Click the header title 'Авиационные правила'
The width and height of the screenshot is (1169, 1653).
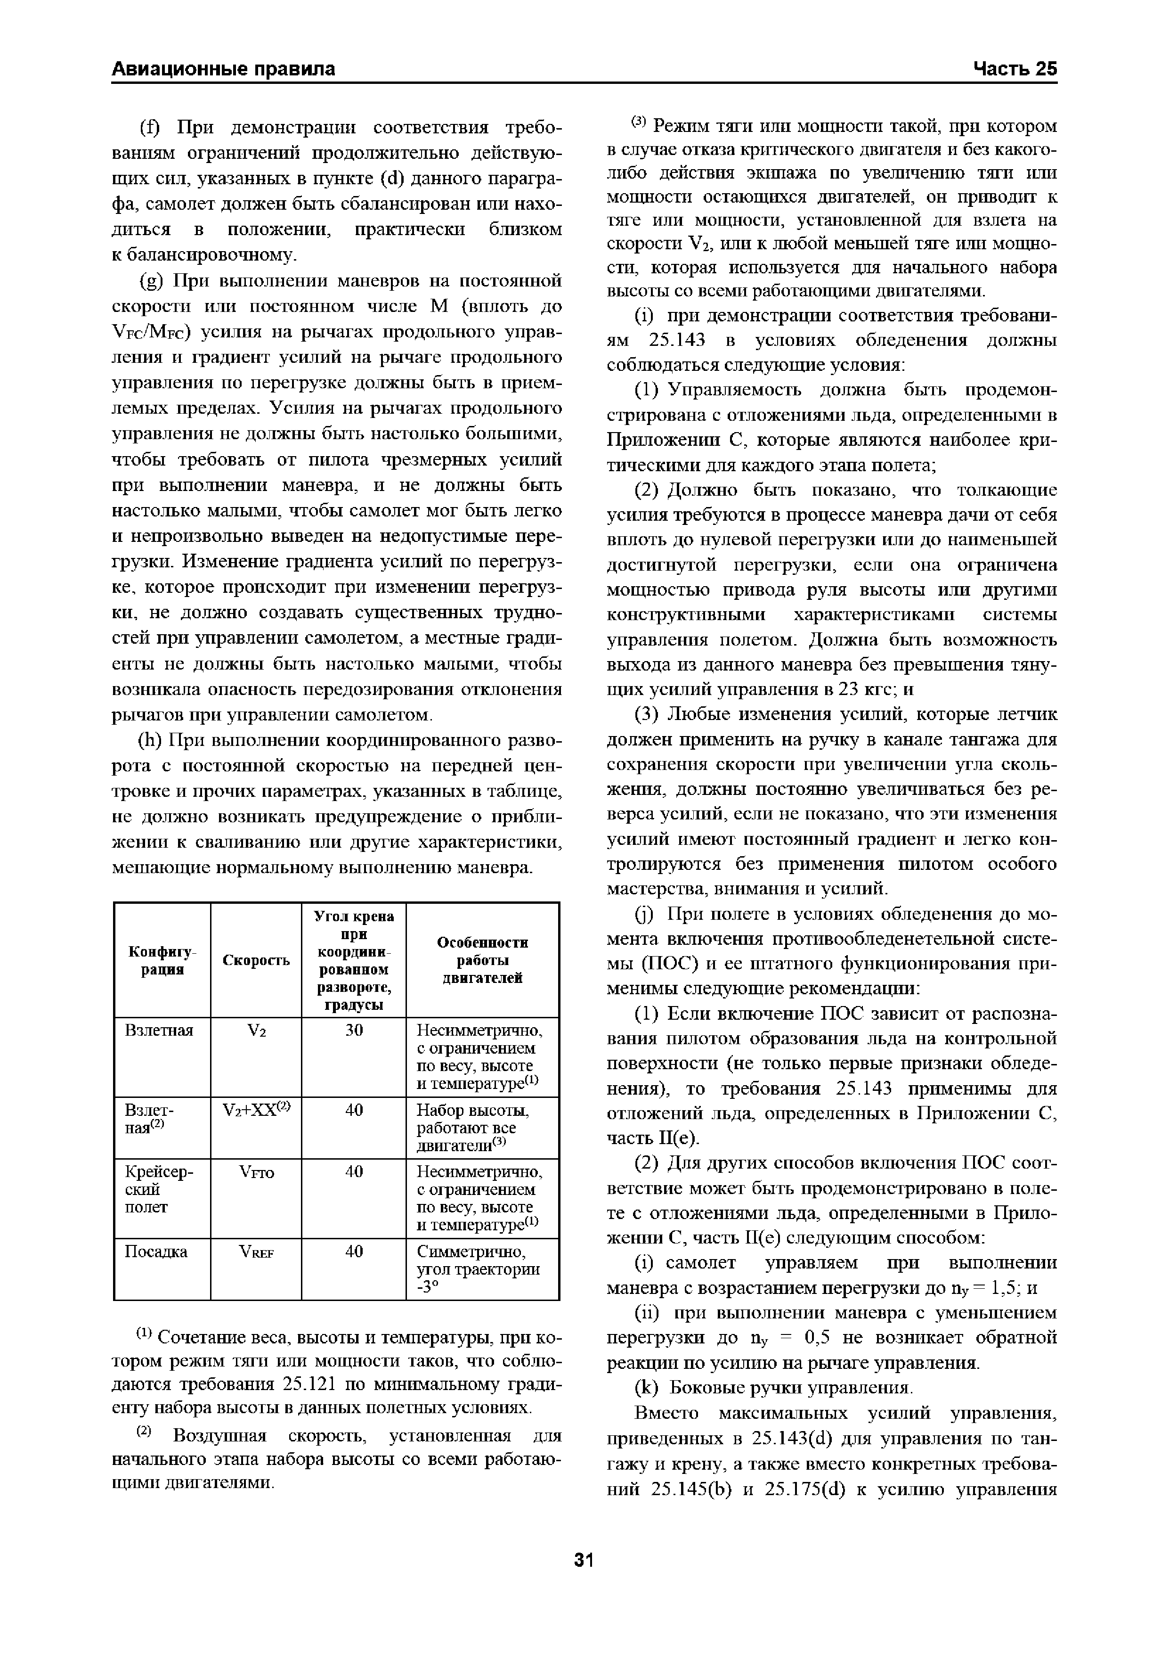224,68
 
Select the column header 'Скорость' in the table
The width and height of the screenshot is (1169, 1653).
256,960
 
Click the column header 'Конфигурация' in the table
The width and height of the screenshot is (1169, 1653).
162,960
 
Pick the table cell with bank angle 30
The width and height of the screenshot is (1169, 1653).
353,1030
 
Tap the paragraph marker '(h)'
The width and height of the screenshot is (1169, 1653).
150,741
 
